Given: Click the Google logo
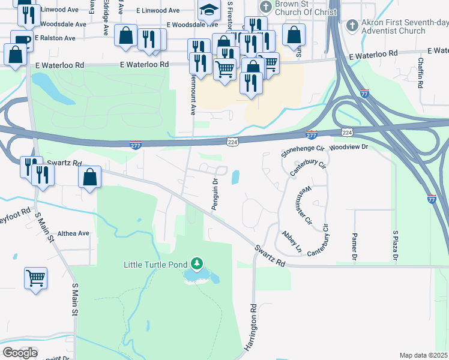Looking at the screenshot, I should click(20, 352).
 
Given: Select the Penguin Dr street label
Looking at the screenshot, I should click(214, 193).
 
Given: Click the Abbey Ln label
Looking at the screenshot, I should click(291, 240).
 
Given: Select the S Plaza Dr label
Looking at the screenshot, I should click(395, 245).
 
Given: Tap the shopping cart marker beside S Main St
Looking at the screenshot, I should click(36, 277).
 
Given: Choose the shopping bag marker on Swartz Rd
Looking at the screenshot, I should click(89, 177).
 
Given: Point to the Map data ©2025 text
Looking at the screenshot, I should click(424, 355).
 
